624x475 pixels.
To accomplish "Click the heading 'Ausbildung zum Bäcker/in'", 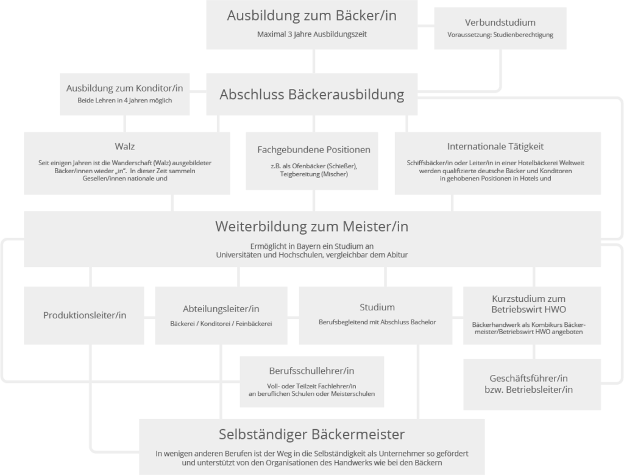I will [x=311, y=16].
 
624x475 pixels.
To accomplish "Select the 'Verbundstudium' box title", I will [x=500, y=22].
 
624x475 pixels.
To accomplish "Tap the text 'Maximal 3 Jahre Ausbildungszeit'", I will [x=311, y=35].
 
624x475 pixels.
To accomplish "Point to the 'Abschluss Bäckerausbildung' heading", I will [x=311, y=95].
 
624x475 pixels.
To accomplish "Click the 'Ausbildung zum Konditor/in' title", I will [x=124, y=88].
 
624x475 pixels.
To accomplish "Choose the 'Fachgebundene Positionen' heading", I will [x=314, y=149].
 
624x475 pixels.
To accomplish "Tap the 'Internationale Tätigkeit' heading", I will [x=495, y=146].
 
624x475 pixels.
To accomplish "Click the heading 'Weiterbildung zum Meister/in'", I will [x=311, y=226].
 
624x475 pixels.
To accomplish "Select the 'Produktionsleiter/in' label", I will [x=85, y=315].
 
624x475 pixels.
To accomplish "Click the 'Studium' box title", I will [x=378, y=307].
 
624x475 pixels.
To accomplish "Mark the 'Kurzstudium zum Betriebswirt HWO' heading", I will [x=528, y=304].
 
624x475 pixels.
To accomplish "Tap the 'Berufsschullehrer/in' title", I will [x=311, y=371].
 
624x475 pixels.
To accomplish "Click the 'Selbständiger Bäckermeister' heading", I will [x=311, y=435].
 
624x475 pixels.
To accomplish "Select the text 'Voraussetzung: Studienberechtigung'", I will [x=500, y=35].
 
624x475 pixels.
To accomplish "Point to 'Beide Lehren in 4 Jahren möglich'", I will [x=124, y=101].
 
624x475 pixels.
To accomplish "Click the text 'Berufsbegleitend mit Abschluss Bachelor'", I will [x=378, y=321].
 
